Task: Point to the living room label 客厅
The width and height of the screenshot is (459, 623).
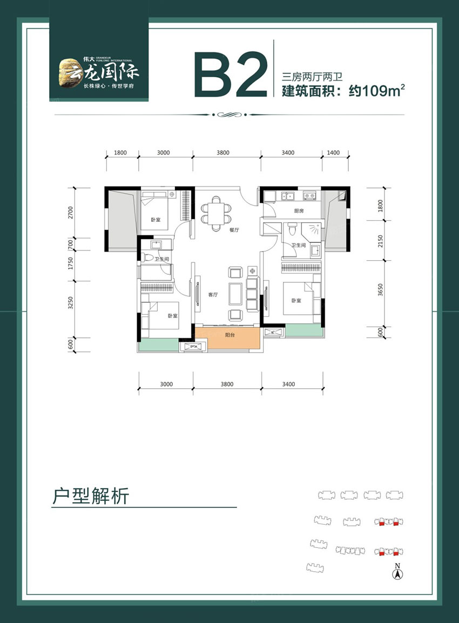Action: tap(212, 295)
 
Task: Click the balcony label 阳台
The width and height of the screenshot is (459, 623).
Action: tap(230, 335)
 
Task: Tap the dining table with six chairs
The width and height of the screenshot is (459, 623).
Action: tap(216, 211)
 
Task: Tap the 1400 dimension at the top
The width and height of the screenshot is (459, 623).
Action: tap(333, 153)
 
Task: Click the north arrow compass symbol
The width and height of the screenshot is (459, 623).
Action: tap(397, 573)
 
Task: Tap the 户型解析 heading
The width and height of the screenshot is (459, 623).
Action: tap(91, 495)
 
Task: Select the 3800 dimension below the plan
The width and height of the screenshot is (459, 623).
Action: tap(227, 384)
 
